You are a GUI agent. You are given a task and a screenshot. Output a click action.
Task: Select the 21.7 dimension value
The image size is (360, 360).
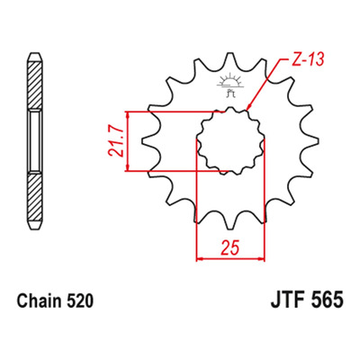(x=116, y=141)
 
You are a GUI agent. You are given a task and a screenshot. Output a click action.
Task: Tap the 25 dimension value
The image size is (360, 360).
(x=230, y=247)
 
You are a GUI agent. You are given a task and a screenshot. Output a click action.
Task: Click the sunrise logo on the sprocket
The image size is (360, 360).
(x=229, y=85)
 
